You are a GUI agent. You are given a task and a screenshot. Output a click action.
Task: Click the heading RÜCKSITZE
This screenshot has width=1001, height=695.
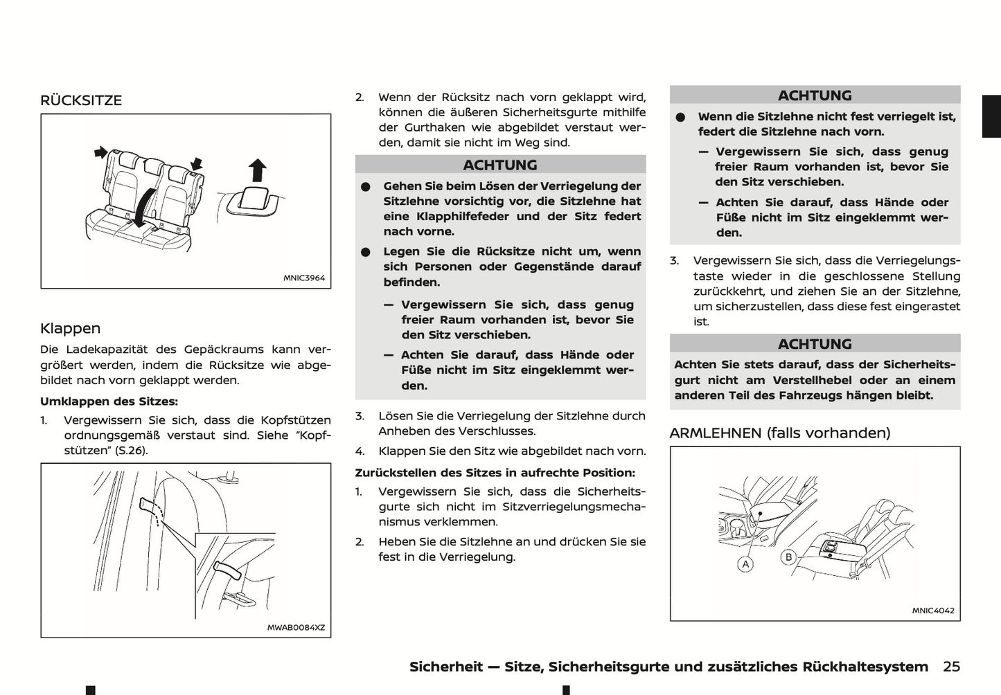(x=81, y=100)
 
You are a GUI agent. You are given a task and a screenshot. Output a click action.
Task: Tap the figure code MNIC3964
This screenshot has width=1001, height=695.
(x=303, y=278)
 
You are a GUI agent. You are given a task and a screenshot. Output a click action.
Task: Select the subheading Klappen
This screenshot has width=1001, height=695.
(x=70, y=328)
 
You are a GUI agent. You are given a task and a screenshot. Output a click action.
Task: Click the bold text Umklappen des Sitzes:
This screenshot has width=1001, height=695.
(x=109, y=401)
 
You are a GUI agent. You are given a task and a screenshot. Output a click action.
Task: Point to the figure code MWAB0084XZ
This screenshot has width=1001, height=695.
(x=296, y=628)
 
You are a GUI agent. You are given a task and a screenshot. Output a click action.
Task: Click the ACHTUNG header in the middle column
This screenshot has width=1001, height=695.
(x=500, y=165)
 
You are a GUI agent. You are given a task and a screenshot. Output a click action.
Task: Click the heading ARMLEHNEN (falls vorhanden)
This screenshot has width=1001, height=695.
(x=779, y=433)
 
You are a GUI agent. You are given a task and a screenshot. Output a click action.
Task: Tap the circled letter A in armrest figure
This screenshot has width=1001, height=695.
(x=745, y=564)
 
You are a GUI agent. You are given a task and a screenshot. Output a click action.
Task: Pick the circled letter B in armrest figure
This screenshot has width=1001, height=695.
(x=788, y=557)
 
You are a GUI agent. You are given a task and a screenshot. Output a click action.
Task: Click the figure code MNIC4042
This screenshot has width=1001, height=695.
(x=932, y=611)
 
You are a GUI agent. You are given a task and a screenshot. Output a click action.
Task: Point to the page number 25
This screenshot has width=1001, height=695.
(x=951, y=667)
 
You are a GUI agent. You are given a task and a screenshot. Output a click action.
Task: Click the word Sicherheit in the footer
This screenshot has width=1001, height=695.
(x=445, y=667)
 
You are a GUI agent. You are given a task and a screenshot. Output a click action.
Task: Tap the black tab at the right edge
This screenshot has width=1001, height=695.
(x=991, y=116)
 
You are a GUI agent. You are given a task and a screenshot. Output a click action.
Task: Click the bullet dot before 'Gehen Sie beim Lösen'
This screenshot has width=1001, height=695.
(x=366, y=187)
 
